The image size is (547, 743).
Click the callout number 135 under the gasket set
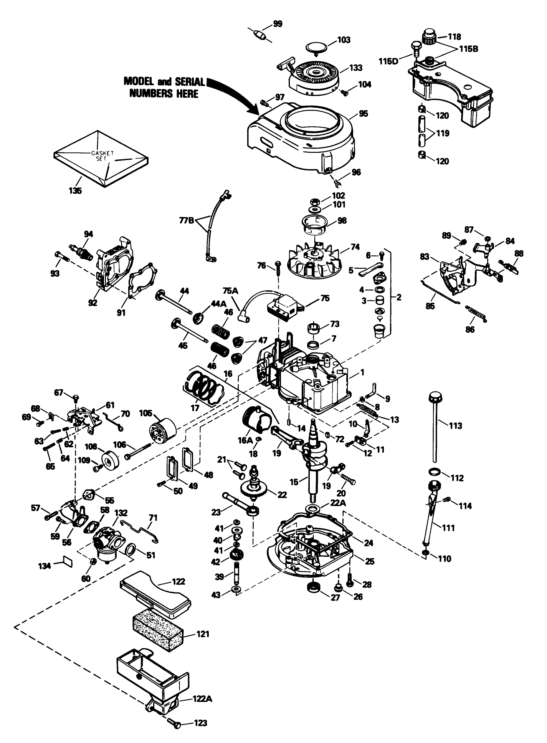(75, 190)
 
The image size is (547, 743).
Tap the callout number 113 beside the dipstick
(454, 425)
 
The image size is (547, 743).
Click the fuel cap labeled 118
(430, 37)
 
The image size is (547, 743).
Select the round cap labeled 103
(317, 48)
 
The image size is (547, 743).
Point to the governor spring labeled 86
(477, 313)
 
